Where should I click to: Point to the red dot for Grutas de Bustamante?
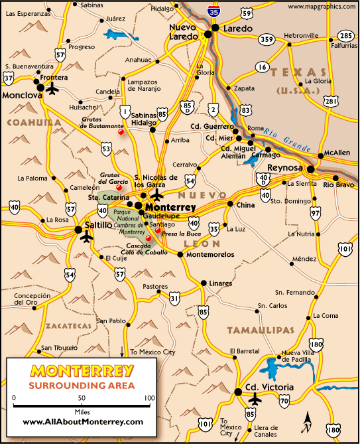click(121, 131)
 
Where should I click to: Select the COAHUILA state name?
click(30, 122)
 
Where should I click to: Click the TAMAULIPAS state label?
click(260, 330)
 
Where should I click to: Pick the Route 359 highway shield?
click(267, 39)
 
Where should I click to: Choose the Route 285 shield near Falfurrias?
click(345, 35)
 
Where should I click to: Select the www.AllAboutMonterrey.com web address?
click(82, 421)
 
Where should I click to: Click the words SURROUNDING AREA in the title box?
click(82, 385)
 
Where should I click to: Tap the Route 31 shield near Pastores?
click(174, 299)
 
